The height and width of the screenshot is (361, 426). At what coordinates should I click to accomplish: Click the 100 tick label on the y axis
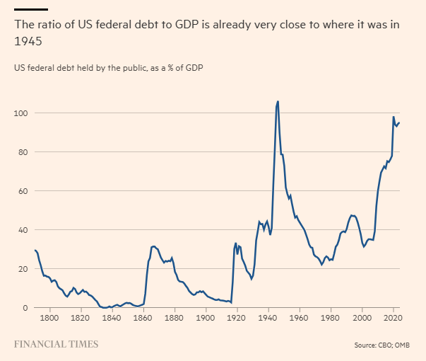[20, 113]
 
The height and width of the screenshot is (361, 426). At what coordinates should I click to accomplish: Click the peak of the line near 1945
[278, 101]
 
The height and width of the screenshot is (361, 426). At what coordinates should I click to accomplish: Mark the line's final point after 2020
[399, 122]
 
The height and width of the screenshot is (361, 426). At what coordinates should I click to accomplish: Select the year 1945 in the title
[28, 41]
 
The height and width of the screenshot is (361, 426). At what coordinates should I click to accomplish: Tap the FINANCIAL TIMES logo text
[56, 345]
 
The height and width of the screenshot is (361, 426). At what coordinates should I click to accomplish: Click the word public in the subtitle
[123, 67]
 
